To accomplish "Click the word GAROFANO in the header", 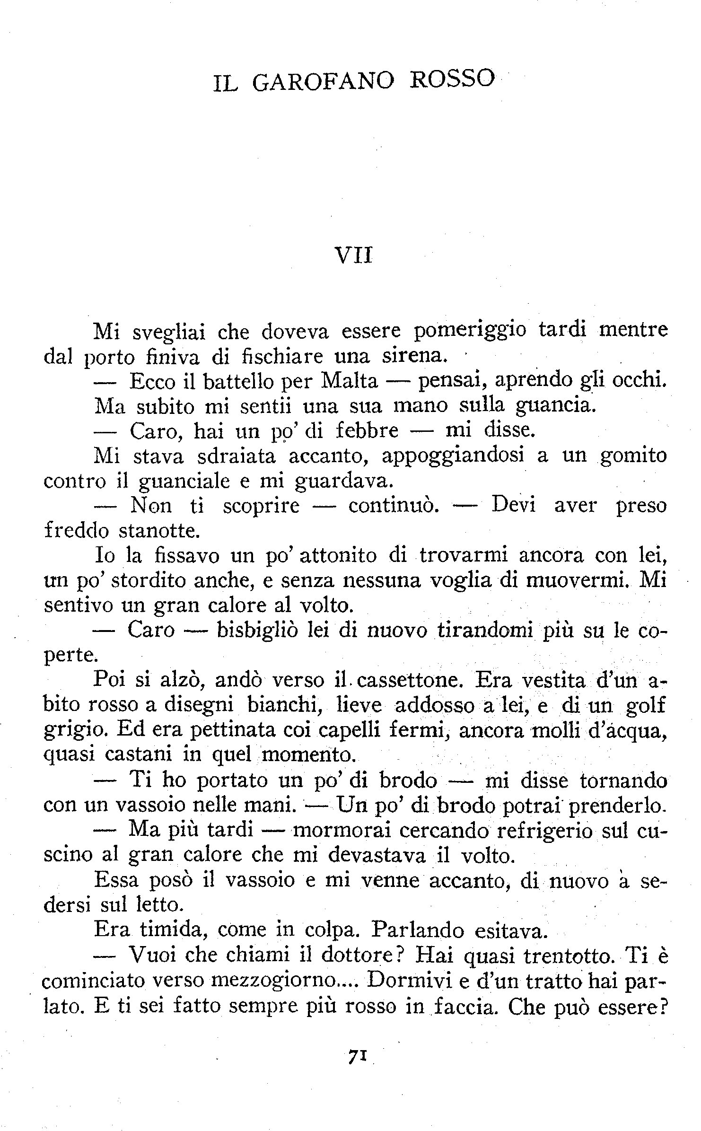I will click(x=323, y=81).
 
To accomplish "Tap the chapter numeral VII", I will click(x=354, y=256).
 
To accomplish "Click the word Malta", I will click(x=349, y=381).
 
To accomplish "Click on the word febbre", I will click(x=367, y=431).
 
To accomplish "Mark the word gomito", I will click(x=633, y=456).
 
